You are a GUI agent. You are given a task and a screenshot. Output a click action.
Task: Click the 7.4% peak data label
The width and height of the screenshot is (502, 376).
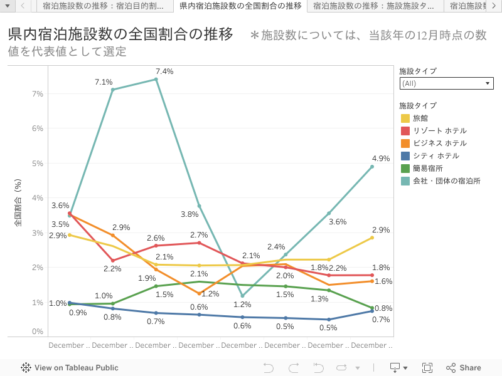click(x=164, y=71)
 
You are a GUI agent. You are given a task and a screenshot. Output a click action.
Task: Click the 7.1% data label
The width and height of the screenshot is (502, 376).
click(x=104, y=82)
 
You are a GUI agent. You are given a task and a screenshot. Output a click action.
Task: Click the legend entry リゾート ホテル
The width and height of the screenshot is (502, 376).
click(x=439, y=130)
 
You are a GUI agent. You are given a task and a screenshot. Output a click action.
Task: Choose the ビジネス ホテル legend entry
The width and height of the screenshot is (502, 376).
click(x=439, y=143)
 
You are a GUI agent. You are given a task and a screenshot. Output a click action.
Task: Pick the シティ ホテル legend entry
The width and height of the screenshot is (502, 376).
click(x=435, y=155)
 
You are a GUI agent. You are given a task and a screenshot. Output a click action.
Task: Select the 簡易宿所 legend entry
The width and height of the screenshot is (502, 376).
click(x=428, y=168)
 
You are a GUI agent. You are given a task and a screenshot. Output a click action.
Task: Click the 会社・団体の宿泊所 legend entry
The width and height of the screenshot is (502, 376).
click(x=446, y=180)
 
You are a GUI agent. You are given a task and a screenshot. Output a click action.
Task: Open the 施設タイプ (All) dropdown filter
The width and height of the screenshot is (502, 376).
click(x=446, y=83)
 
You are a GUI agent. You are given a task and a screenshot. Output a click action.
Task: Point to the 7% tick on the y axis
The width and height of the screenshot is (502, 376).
click(x=37, y=94)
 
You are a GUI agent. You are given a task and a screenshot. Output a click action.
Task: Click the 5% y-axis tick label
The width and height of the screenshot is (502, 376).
click(x=37, y=164)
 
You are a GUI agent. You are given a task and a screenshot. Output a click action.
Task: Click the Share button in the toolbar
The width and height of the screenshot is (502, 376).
click(x=464, y=368)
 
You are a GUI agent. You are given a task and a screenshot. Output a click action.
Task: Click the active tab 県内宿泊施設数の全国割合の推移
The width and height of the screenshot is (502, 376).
click(x=240, y=6)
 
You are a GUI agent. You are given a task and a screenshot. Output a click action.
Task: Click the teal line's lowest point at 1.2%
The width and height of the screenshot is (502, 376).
click(x=242, y=296)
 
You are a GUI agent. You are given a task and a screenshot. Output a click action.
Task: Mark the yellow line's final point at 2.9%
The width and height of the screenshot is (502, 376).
click(x=372, y=238)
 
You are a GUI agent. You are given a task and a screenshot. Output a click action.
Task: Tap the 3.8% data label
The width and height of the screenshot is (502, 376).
click(x=190, y=214)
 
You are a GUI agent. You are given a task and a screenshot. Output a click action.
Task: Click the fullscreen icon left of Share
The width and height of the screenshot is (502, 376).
click(x=427, y=368)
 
